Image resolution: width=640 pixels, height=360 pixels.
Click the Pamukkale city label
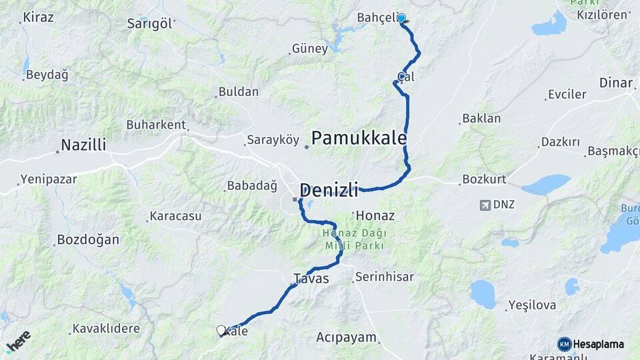coord(359,138)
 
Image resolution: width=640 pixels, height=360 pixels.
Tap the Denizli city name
coord(329,189)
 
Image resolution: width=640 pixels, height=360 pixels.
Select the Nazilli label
coord(83,145)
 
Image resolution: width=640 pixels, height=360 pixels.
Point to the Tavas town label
coord(311,279)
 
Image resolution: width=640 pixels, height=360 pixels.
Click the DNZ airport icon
coord(485,205)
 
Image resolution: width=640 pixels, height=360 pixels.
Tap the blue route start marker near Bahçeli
coord(401,19)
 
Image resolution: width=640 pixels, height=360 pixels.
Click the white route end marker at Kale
coord(221,330)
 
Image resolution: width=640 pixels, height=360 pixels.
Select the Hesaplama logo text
coord(598,344)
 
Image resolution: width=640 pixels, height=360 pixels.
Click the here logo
coord(18,341)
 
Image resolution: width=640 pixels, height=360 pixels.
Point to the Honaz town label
coord(375,216)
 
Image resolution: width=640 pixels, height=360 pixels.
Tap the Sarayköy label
coord(273,140)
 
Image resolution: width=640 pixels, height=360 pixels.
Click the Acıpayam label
coord(346,337)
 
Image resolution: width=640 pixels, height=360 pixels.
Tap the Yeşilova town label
coord(531,305)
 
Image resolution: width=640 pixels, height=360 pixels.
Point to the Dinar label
coord(615,83)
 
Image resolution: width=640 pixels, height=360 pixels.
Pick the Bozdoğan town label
coord(87,239)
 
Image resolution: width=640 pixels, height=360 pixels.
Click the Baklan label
coord(481,119)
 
